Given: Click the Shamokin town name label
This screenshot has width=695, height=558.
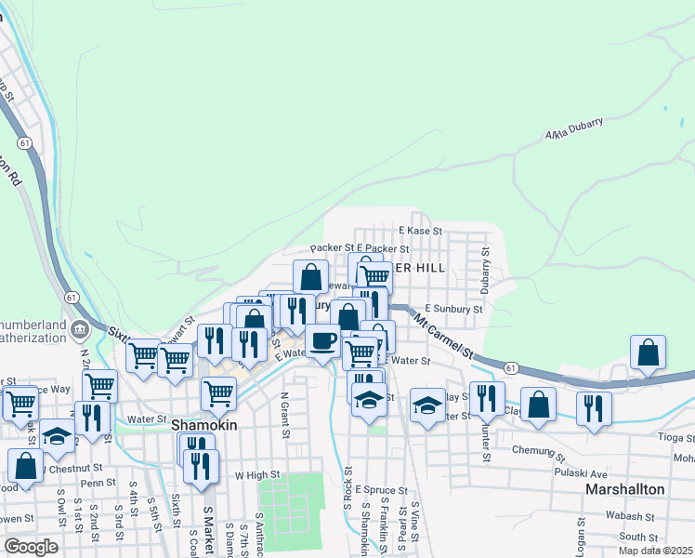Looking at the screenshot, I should tap(205, 424).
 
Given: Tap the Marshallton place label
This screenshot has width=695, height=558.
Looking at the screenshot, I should tap(623, 488).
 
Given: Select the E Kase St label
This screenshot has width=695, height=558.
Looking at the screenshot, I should tap(419, 230).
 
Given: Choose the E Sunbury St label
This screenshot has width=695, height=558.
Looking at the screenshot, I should tap(453, 309).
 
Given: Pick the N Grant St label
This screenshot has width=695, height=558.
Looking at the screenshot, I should tap(284, 416).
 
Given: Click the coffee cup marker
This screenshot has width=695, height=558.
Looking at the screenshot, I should tap(322, 340).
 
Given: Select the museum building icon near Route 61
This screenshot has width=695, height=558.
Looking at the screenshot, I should tap(79, 327).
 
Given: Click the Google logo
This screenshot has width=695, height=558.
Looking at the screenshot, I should tap(31, 546).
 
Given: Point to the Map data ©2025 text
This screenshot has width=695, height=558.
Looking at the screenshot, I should tap(656, 551).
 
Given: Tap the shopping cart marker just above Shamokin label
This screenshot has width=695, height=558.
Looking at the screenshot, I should tap(218, 392).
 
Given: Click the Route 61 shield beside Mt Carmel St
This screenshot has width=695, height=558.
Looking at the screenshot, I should tap(511, 369).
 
